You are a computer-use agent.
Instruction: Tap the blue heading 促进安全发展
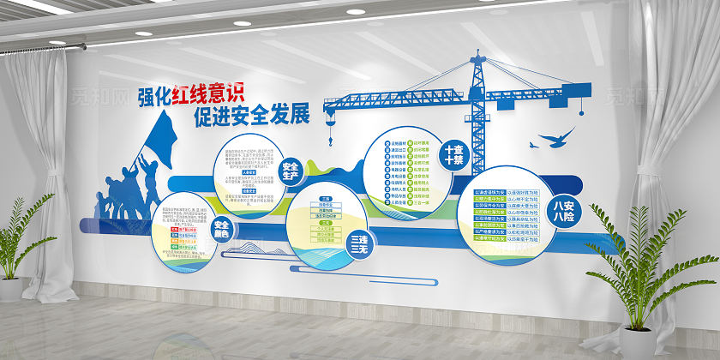[251, 116]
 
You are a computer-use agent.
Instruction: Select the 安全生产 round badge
[290, 171]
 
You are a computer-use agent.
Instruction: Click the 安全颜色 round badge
[223, 229]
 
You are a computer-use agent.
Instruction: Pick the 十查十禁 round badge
[452, 155]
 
